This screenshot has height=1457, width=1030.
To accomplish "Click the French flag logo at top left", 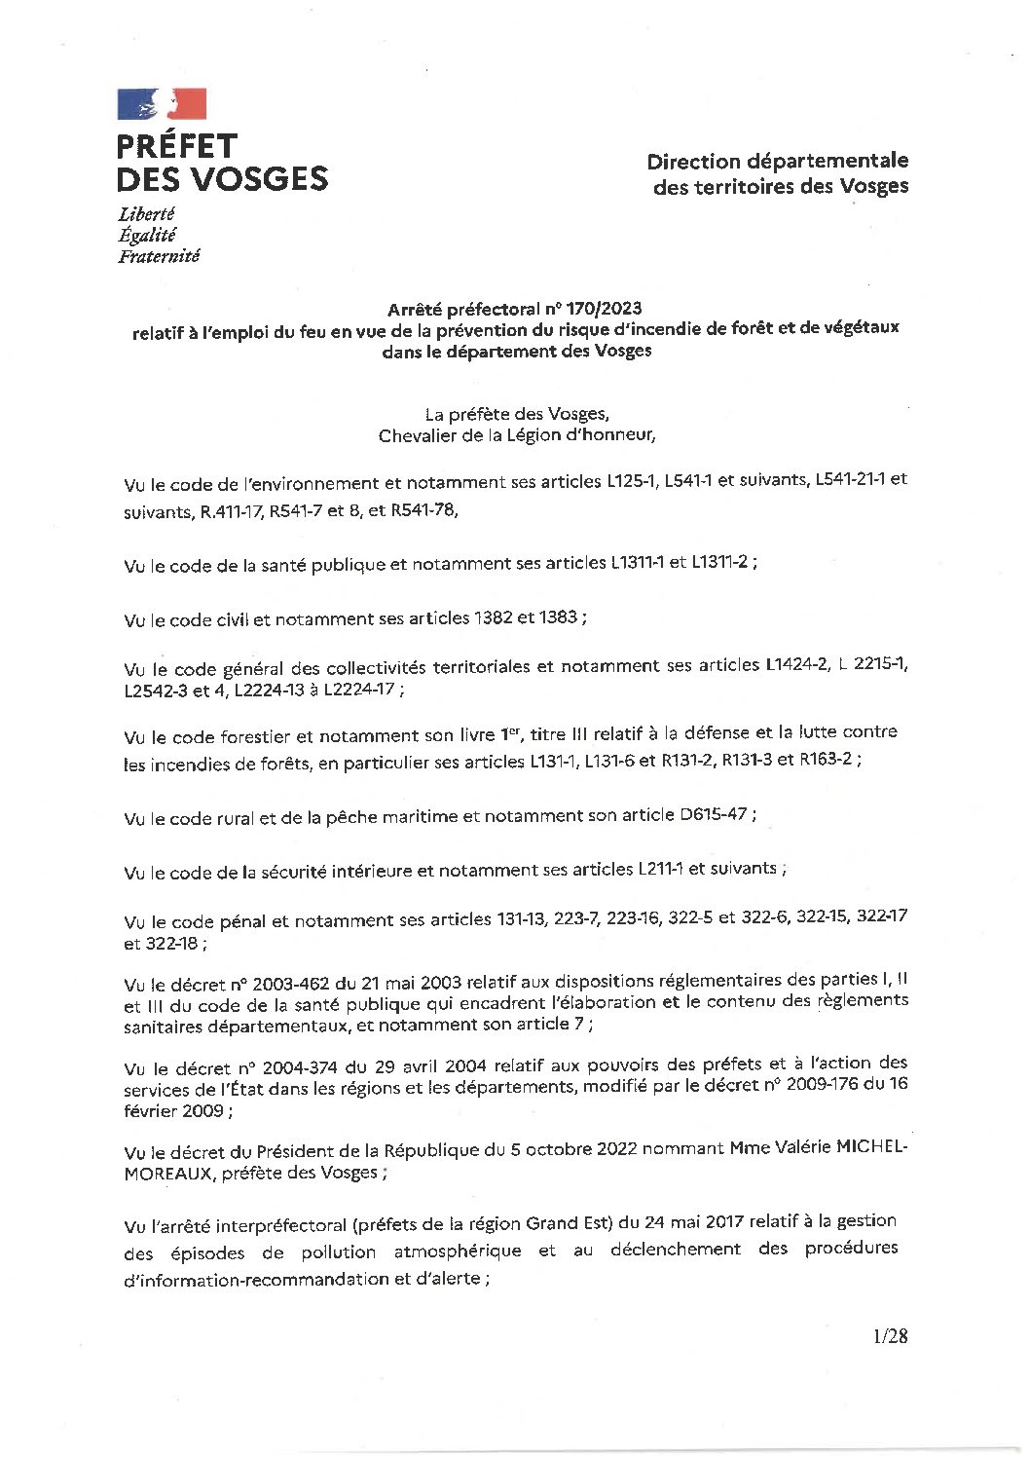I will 162,103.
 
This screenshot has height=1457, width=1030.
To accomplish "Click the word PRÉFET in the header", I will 176,146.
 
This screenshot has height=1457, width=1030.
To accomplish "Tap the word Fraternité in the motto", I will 159,256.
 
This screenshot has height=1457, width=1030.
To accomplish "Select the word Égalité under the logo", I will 146,235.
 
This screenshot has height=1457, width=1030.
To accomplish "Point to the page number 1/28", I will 890,1336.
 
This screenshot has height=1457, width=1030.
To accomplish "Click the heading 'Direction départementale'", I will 778,161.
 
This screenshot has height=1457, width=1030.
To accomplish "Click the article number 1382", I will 498,618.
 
